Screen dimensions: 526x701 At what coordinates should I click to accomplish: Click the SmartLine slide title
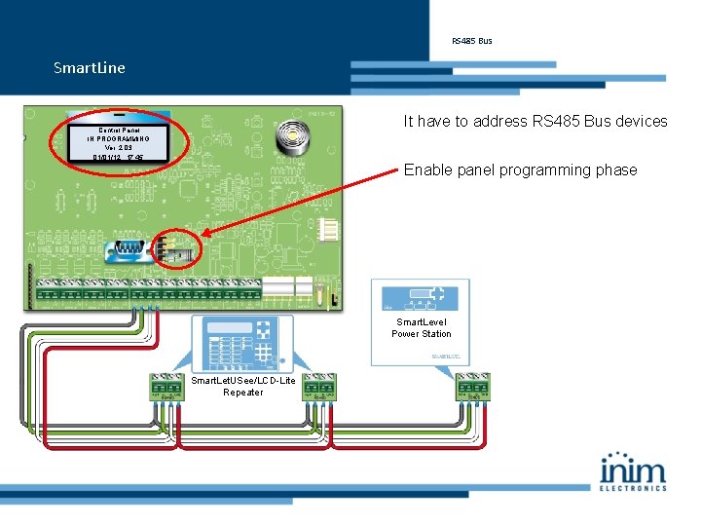pos(90,67)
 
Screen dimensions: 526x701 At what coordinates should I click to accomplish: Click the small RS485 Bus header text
pos(471,41)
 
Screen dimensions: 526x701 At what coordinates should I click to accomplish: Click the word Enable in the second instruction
pos(427,170)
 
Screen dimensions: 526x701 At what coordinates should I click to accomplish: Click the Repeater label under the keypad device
pos(242,393)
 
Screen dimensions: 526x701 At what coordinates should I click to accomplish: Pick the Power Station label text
pos(421,334)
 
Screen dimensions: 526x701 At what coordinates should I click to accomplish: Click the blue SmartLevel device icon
pos(421,298)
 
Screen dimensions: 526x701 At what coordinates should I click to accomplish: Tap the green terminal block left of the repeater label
pos(166,387)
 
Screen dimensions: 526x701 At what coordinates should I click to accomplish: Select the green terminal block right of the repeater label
pos(318,387)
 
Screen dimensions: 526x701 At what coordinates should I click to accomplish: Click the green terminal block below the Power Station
pos(472,387)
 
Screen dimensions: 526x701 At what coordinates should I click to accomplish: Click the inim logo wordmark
pos(633,470)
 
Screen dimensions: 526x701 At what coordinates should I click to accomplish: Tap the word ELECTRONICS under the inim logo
pos(633,488)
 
